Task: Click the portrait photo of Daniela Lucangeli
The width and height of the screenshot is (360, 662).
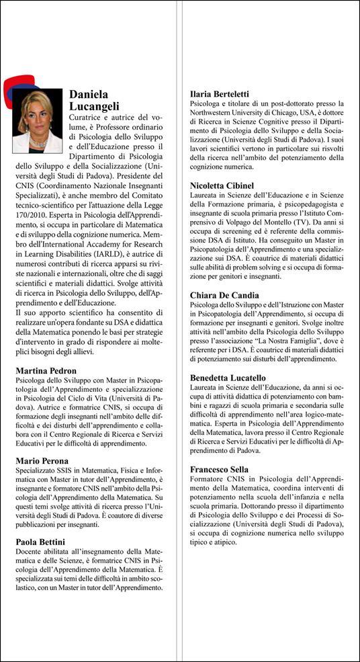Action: point(37,121)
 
